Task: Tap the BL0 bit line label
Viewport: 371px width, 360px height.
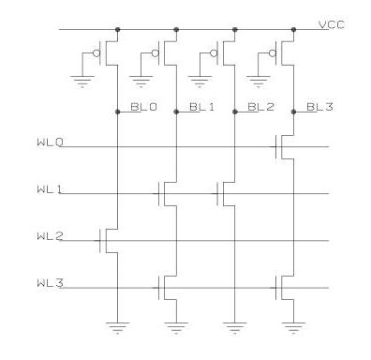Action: (144, 109)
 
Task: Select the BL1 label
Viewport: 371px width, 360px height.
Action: (201, 109)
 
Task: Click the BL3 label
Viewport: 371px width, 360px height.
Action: (320, 109)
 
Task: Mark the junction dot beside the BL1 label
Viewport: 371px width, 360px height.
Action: (175, 112)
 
